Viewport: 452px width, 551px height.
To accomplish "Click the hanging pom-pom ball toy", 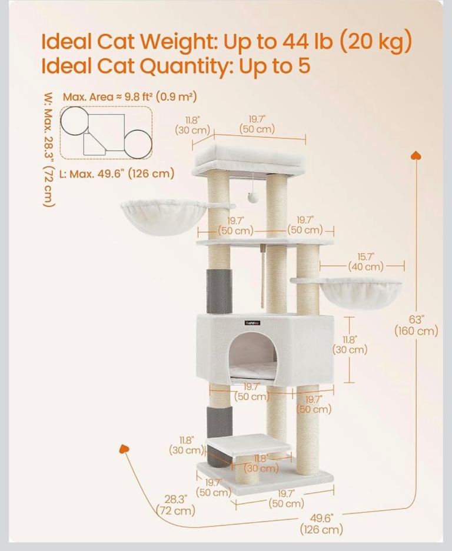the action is coord(253,198).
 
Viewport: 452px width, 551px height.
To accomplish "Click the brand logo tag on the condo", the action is coord(252,323).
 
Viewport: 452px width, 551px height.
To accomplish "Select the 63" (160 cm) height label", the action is coord(417,325).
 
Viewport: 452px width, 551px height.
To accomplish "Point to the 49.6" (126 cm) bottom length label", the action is coord(321,523).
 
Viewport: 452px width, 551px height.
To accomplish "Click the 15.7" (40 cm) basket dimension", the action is coord(366,262).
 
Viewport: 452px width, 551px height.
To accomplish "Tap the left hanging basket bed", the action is coord(164,215).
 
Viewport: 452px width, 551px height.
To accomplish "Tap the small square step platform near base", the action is coord(249,445).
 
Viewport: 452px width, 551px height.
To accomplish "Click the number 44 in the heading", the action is coord(297,42).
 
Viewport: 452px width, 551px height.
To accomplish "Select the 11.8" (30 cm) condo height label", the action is coord(350,345).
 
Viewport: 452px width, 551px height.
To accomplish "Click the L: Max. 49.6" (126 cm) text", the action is coord(117,173).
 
